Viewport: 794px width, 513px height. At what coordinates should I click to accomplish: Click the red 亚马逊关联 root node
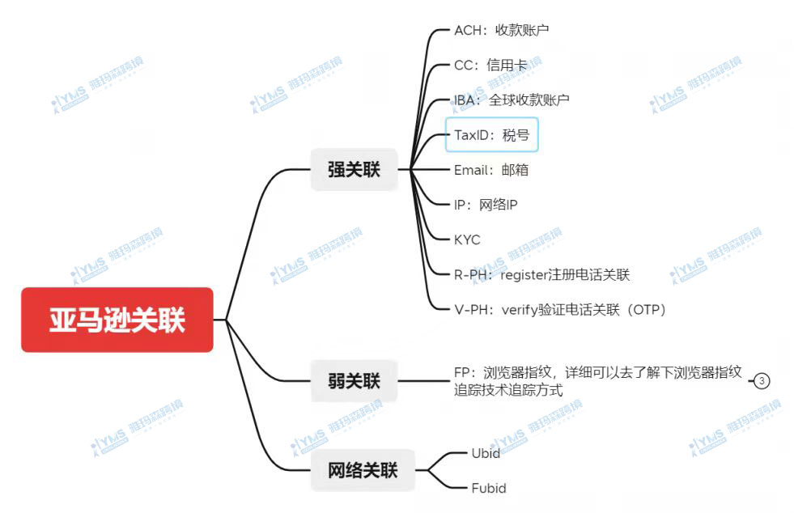point(117,320)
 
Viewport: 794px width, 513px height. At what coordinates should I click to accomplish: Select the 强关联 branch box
point(354,169)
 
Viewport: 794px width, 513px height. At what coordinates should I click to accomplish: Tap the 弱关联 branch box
point(354,380)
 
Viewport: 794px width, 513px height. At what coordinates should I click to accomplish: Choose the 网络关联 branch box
point(363,470)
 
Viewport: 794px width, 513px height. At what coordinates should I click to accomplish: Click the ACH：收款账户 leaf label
point(501,30)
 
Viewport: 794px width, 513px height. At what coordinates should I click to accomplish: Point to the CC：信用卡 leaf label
point(490,65)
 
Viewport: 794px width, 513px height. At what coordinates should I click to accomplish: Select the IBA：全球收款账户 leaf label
point(512,100)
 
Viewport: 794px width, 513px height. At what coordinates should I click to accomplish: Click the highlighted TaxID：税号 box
point(491,134)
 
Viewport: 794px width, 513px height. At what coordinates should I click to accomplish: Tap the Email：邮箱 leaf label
point(491,170)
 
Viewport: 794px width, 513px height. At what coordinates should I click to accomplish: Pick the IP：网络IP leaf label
point(486,205)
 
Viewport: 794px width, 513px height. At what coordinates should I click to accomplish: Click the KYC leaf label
point(467,240)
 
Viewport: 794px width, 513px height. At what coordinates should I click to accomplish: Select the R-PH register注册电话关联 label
point(541,274)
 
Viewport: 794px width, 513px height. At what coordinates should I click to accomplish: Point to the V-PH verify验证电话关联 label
point(559,309)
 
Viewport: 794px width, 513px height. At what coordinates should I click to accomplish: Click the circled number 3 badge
point(762,381)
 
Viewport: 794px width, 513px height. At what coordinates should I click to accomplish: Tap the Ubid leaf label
point(486,453)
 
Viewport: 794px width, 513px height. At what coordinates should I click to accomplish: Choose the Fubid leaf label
point(489,488)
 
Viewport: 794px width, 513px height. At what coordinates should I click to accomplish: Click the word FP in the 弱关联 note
point(462,373)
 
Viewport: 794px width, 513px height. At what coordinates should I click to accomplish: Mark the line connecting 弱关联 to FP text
point(423,381)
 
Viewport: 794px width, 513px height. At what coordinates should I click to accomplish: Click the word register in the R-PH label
point(524,275)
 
